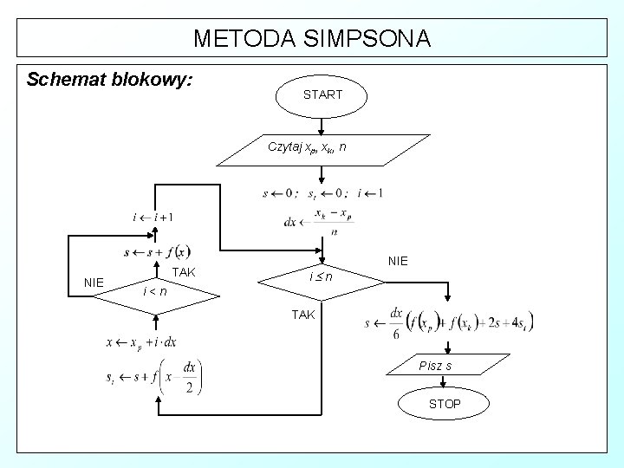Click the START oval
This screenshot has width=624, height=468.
click(x=322, y=94)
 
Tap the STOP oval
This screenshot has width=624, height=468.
click(x=445, y=404)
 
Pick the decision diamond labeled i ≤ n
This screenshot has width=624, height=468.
click(x=322, y=277)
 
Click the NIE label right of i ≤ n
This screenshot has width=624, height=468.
click(x=398, y=260)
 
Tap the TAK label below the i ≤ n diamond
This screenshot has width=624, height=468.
click(x=302, y=315)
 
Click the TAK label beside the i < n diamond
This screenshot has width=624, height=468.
click(x=185, y=272)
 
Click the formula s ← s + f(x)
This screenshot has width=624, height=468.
click(x=157, y=252)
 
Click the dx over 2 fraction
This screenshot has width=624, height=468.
click(x=189, y=377)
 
